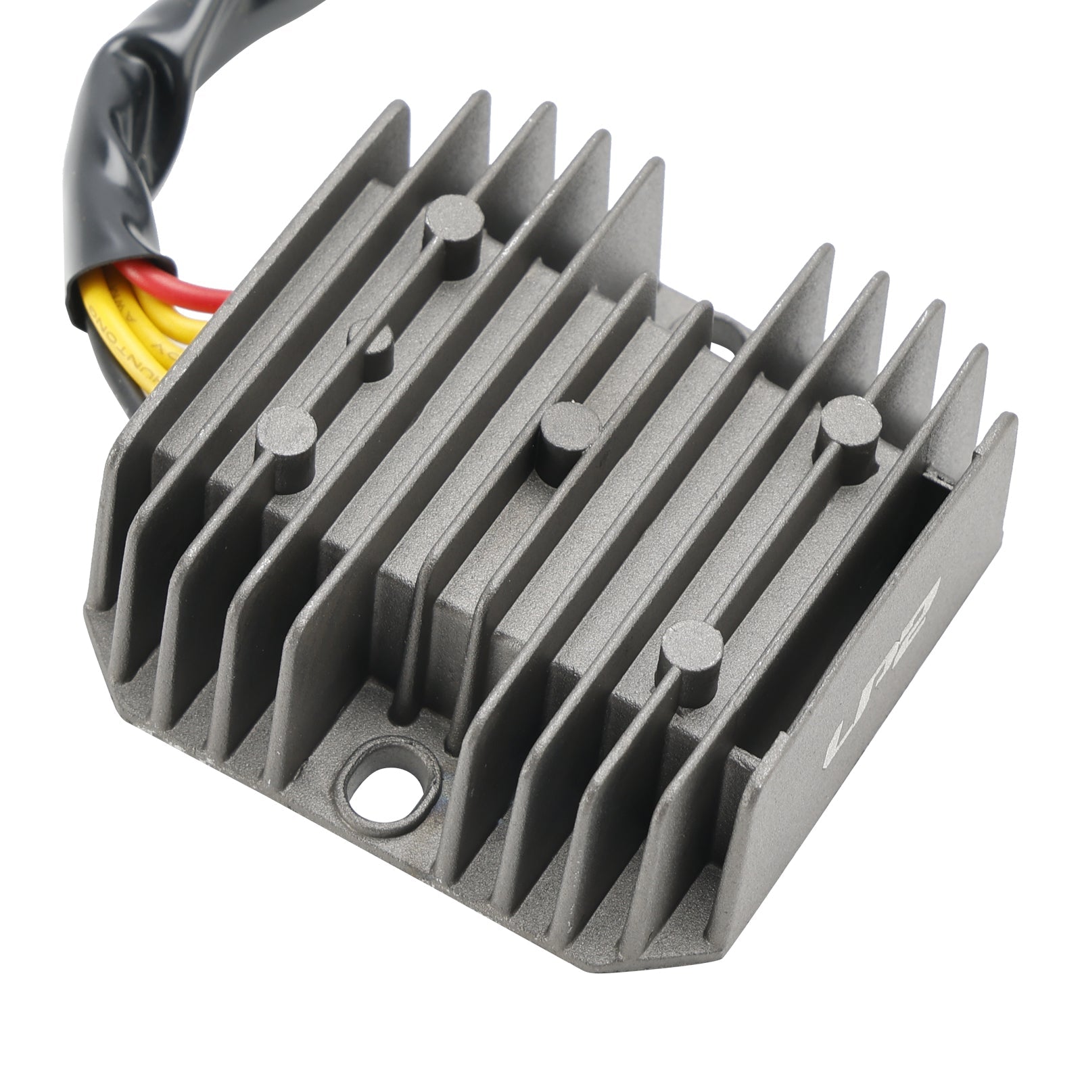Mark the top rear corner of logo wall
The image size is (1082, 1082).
click(x=1008, y=423)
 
